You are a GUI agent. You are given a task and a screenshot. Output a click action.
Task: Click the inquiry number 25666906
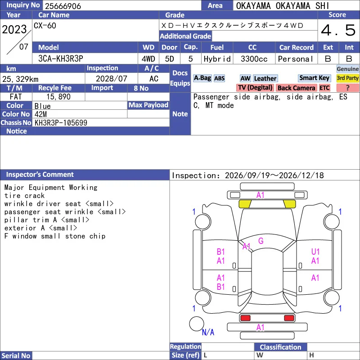tap(63, 6)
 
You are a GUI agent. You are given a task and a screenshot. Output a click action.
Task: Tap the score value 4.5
tap(338, 30)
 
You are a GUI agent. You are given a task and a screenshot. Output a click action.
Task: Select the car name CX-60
tap(45, 26)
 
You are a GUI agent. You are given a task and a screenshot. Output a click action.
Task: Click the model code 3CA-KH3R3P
tap(61, 58)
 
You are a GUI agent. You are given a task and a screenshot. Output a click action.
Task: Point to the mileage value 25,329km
tap(20, 79)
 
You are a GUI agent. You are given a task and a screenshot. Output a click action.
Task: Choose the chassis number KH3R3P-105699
tap(61, 122)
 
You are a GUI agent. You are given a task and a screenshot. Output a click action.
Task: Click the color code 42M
tap(40, 114)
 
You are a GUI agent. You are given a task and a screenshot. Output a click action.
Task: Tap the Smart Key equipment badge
tap(314, 78)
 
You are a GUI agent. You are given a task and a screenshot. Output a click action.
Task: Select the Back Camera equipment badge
tap(296, 88)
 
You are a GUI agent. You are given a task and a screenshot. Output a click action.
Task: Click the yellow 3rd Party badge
tap(347, 78)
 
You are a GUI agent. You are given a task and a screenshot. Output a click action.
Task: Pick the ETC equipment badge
tap(324, 88)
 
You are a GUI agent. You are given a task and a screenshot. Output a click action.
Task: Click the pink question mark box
tap(347, 88)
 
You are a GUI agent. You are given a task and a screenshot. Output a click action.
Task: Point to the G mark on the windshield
tap(261, 241)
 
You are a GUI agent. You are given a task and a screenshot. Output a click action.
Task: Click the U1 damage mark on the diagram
tap(315, 252)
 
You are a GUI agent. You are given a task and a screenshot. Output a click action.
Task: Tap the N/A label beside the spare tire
tap(208, 332)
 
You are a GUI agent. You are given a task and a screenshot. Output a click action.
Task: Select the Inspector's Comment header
tap(40, 175)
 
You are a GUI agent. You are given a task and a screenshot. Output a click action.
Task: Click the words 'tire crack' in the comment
tap(24, 196)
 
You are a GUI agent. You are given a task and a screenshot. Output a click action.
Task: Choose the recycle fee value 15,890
tap(58, 97)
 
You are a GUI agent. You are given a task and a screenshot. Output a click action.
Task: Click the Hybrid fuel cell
tap(217, 59)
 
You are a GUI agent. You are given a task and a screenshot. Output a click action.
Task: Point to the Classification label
tap(280, 347)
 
